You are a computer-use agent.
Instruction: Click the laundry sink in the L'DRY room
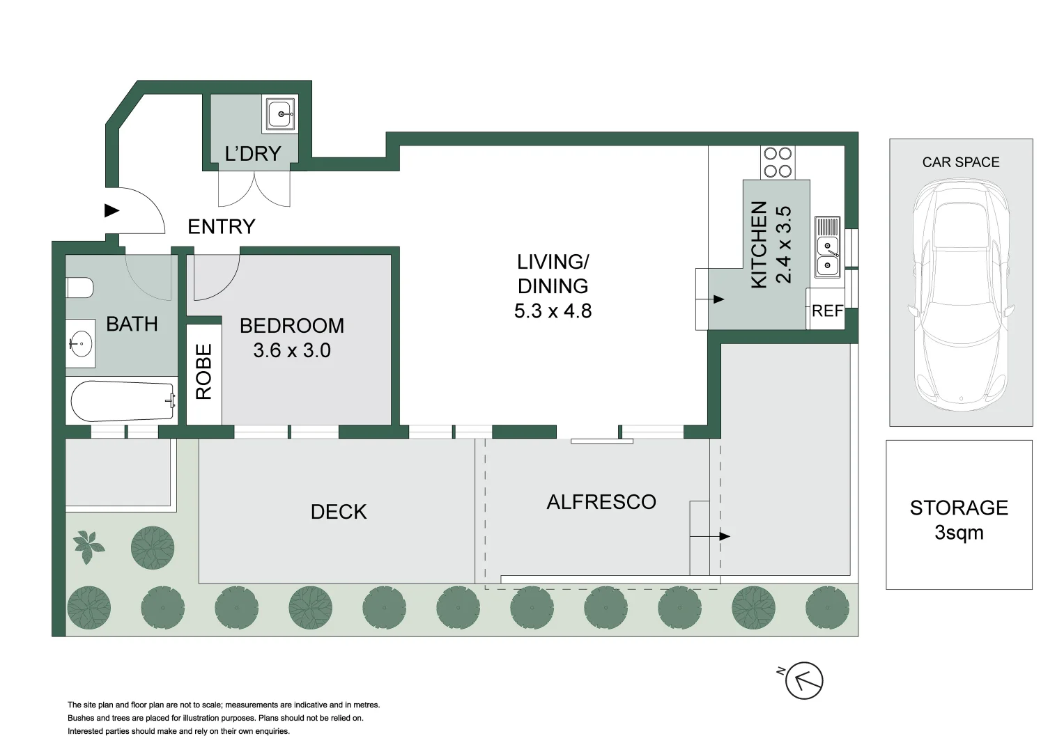(280, 114)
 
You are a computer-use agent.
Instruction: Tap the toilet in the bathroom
(79, 288)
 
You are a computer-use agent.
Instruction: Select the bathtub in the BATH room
(123, 401)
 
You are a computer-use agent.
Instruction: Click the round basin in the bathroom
(80, 343)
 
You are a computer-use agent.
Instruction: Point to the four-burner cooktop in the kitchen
(778, 162)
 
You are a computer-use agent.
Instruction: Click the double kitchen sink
(828, 247)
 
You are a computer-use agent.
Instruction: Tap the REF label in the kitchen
(828, 311)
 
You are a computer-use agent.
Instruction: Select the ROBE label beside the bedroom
(203, 372)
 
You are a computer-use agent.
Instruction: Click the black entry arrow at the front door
(111, 210)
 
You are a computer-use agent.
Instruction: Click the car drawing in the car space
(961, 295)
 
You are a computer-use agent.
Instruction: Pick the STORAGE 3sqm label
(959, 520)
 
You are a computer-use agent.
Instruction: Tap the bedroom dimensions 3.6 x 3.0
(292, 350)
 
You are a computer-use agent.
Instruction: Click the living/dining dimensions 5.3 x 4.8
(553, 311)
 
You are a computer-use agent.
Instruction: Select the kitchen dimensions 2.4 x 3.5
(783, 245)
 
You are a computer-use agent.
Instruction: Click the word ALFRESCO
(601, 502)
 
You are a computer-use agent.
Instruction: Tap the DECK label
(339, 512)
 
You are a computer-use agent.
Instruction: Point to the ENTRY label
(222, 226)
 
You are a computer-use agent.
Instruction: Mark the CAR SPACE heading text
(961, 162)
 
